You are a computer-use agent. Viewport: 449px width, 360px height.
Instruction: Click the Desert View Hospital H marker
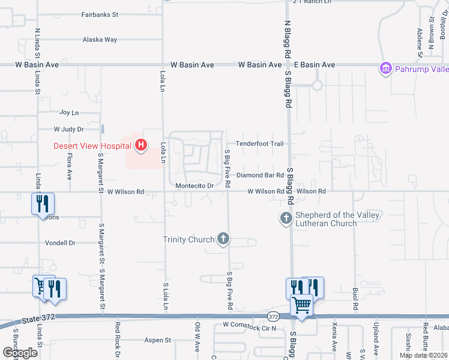141,145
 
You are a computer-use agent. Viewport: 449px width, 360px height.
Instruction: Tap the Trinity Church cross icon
223,239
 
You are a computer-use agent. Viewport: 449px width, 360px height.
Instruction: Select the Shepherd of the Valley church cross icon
286,217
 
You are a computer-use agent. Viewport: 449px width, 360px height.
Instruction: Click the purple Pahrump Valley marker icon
385,69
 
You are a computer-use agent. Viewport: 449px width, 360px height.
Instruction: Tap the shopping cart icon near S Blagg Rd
301,305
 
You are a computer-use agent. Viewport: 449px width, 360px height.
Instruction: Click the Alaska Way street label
100,40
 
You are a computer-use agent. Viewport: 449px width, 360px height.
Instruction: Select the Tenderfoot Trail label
259,144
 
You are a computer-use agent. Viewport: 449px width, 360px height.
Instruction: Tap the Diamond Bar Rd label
259,175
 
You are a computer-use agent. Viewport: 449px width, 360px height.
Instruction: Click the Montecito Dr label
194,186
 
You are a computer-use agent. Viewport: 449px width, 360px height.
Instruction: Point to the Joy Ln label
69,113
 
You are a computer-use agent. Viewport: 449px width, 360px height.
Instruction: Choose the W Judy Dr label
68,129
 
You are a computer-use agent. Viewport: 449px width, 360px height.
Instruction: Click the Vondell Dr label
60,243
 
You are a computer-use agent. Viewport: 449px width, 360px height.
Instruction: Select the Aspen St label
158,340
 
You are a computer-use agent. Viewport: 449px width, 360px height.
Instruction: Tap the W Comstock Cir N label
249,328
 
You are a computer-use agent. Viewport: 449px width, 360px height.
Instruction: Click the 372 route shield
274,316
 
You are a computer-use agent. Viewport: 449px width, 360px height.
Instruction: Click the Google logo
20,353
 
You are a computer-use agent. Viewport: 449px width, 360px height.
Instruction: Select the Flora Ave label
70,166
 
